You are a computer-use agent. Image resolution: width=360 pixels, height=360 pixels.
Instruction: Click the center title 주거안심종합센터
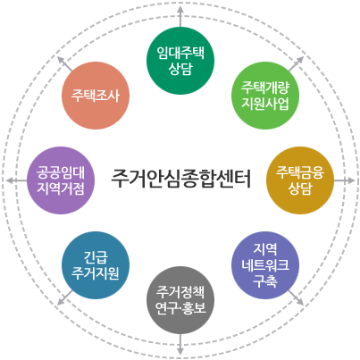click(180, 179)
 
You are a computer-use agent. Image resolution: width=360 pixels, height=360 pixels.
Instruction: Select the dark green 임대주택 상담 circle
click(180, 61)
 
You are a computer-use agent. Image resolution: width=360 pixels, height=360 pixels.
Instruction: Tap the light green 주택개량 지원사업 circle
click(265, 96)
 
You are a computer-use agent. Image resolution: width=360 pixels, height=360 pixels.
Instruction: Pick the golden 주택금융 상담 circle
click(300, 180)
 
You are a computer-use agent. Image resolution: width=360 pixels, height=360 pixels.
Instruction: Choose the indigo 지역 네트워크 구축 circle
click(265, 265)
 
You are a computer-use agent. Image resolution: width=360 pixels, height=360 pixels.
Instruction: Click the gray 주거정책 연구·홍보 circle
click(180, 300)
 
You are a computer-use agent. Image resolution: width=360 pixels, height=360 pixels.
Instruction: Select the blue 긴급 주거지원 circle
click(96, 265)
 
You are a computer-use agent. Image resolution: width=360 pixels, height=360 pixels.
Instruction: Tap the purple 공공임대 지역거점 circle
click(61, 180)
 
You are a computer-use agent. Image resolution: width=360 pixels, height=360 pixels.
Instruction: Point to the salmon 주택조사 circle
click(96, 96)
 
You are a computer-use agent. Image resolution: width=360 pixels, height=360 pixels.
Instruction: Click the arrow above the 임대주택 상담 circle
click(180, 16)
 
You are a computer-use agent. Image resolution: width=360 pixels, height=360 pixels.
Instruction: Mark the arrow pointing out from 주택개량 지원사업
click(297, 63)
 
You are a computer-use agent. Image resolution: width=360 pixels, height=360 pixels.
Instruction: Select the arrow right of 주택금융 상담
click(345, 180)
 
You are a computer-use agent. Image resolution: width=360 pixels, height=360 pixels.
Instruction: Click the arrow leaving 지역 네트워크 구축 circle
click(297, 297)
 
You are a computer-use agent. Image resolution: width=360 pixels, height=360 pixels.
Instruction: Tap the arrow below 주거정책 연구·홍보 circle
click(180, 345)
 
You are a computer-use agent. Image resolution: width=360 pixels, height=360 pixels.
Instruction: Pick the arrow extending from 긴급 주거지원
click(64, 297)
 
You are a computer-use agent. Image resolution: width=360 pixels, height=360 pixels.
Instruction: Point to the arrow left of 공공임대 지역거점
click(16, 180)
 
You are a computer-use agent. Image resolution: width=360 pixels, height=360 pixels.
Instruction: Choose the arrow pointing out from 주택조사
click(64, 63)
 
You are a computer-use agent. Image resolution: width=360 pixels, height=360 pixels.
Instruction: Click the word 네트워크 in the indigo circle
click(265, 264)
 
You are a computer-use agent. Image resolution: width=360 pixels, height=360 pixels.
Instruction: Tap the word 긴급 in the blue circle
click(96, 257)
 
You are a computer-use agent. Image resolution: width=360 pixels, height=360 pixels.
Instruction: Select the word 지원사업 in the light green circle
click(265, 104)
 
